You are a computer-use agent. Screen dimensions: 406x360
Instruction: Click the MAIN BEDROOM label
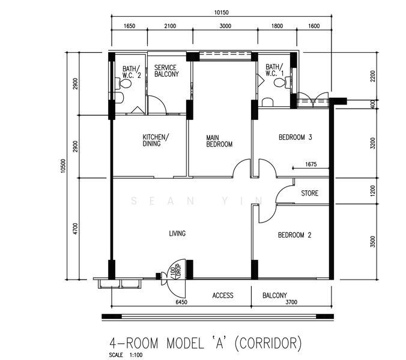219,141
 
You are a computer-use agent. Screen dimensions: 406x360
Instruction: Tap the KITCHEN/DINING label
156,140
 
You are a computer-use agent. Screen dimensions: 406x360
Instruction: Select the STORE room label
310,193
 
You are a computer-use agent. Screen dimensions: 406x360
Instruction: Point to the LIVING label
177,233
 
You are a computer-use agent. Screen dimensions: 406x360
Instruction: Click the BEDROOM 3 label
295,137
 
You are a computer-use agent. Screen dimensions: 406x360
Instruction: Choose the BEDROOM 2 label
295,235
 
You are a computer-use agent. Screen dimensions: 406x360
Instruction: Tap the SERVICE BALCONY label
166,71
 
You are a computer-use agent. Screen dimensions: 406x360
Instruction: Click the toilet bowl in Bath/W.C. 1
280,83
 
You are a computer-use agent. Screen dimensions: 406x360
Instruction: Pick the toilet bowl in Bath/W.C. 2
126,83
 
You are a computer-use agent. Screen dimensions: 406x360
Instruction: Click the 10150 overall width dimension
222,12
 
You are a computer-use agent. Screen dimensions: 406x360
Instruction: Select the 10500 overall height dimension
63,166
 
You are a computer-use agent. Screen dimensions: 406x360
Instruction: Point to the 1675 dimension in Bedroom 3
311,164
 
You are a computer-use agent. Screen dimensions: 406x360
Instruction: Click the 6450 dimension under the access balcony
181,302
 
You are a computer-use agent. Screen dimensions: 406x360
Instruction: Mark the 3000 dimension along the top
225,26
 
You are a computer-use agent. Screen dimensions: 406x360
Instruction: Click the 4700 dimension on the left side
75,229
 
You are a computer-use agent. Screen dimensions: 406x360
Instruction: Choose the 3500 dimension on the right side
372,242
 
